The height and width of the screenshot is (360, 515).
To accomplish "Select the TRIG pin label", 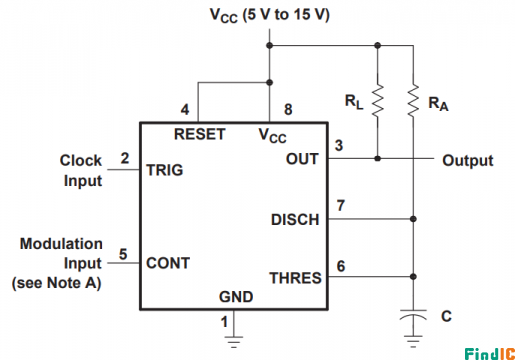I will pos(164,170).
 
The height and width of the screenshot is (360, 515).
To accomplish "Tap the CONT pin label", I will pos(168,263).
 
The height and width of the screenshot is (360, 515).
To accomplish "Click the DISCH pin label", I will pos(294,219).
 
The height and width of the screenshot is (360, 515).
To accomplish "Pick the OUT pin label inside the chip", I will pos(302,159).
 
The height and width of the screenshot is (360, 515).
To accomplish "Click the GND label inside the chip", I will pos(236,297).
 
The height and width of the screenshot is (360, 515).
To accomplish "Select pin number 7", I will pos(340,206).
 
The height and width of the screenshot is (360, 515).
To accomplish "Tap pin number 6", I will pos(340,265).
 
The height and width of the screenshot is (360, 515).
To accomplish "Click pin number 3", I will pos(339,146).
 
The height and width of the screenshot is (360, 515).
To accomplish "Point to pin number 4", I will pos(184,108).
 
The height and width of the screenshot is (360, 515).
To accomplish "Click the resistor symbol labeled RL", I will pos(378,99).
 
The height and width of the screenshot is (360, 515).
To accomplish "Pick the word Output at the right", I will pos(467,160).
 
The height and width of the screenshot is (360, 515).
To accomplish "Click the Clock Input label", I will pos(81,170).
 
